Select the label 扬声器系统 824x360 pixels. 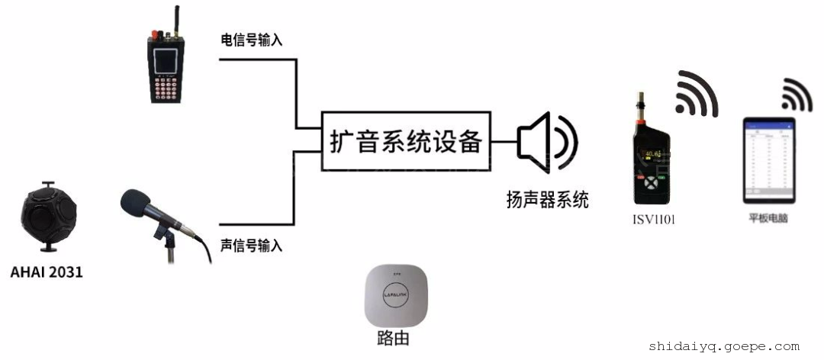[x=547, y=201]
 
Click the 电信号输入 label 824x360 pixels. [x=251, y=40]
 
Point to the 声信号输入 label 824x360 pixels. [x=251, y=246]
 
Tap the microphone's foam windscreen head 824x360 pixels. [x=140, y=204]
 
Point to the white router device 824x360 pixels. [x=397, y=295]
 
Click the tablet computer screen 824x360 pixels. [x=769, y=161]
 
